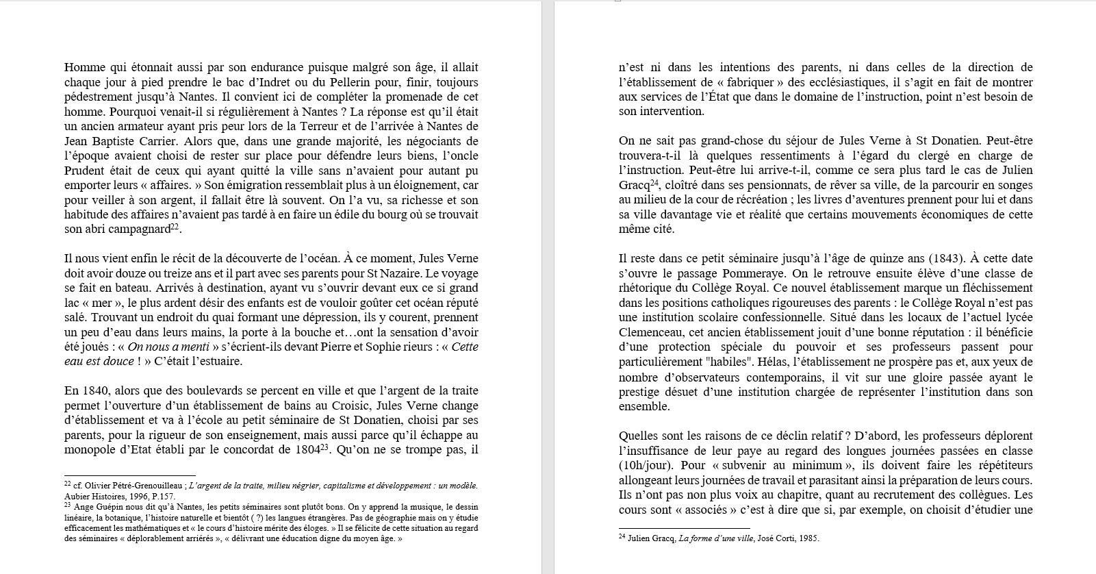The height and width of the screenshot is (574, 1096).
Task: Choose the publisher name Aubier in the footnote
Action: click(x=75, y=496)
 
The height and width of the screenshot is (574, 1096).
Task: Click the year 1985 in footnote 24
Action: click(x=808, y=538)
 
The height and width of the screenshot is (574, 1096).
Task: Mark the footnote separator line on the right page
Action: click(x=674, y=528)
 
